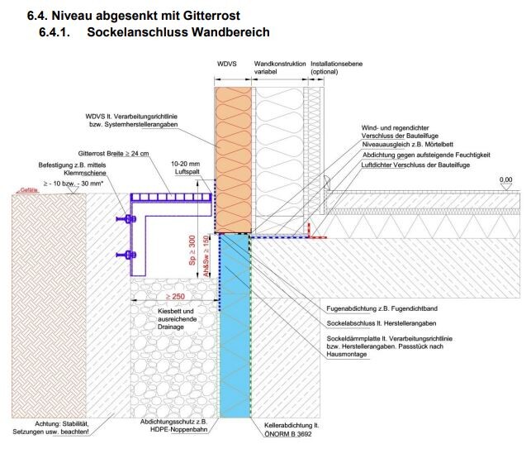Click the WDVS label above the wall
tap(228, 64)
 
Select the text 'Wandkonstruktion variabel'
tap(280, 67)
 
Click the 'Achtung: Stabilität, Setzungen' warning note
tap(52, 427)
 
